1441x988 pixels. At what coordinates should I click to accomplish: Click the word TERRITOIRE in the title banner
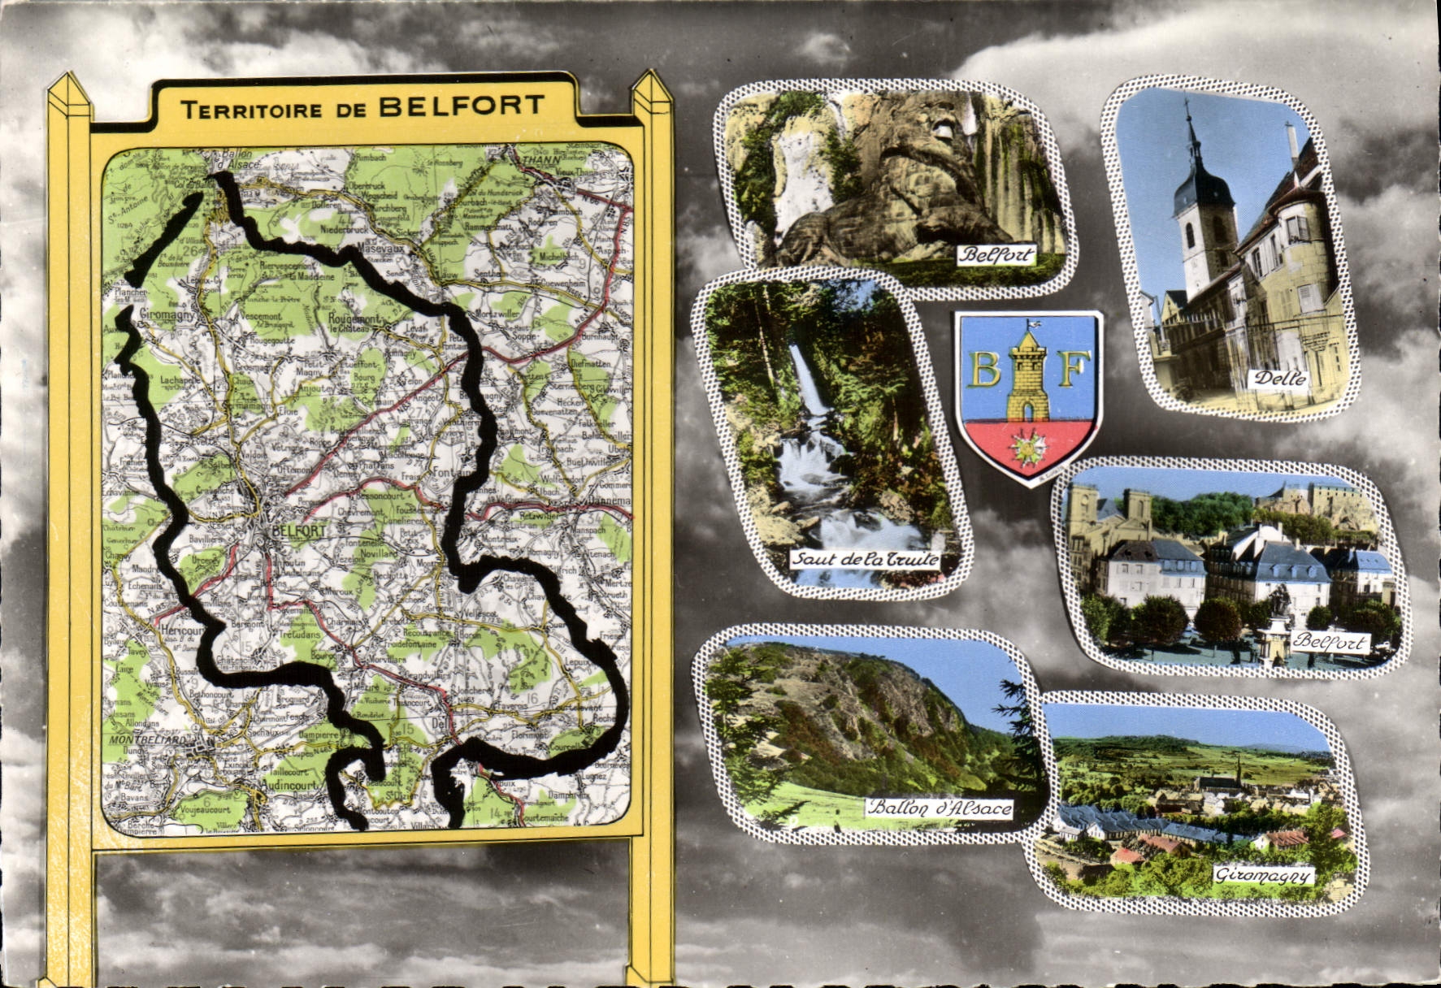250,110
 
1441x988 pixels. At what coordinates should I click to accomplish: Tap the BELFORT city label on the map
300,531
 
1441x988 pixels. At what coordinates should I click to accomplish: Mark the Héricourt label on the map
180,630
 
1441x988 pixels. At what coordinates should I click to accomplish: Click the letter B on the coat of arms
986,370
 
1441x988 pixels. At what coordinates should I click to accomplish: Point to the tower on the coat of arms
1028,374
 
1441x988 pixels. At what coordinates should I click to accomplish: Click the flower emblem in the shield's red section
1027,446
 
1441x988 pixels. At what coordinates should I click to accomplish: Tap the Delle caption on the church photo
1279,378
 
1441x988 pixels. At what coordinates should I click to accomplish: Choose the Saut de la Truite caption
865,560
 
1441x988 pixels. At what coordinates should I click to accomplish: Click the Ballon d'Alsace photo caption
940,808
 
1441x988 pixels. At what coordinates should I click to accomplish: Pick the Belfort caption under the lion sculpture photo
996,255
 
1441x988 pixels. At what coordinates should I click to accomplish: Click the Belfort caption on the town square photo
1330,642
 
